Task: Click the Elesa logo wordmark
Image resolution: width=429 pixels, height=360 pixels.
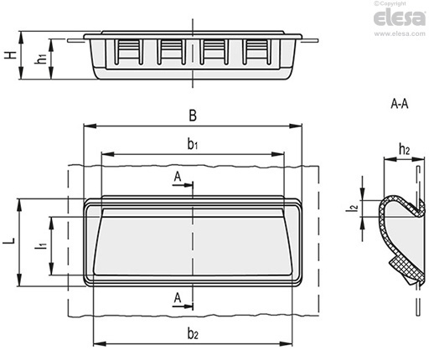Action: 400,18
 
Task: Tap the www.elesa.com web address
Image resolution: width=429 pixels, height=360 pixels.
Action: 400,33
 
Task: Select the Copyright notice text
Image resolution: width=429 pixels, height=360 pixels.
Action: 390,3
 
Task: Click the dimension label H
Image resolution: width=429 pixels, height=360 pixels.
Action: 10,54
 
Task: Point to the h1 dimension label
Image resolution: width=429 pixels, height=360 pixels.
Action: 41,59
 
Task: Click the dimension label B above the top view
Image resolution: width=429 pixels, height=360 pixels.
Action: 193,116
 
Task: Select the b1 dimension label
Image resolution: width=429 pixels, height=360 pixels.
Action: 193,144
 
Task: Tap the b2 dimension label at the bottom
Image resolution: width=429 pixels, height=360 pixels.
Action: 193,333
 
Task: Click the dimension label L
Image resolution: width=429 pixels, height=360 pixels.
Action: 9,241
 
